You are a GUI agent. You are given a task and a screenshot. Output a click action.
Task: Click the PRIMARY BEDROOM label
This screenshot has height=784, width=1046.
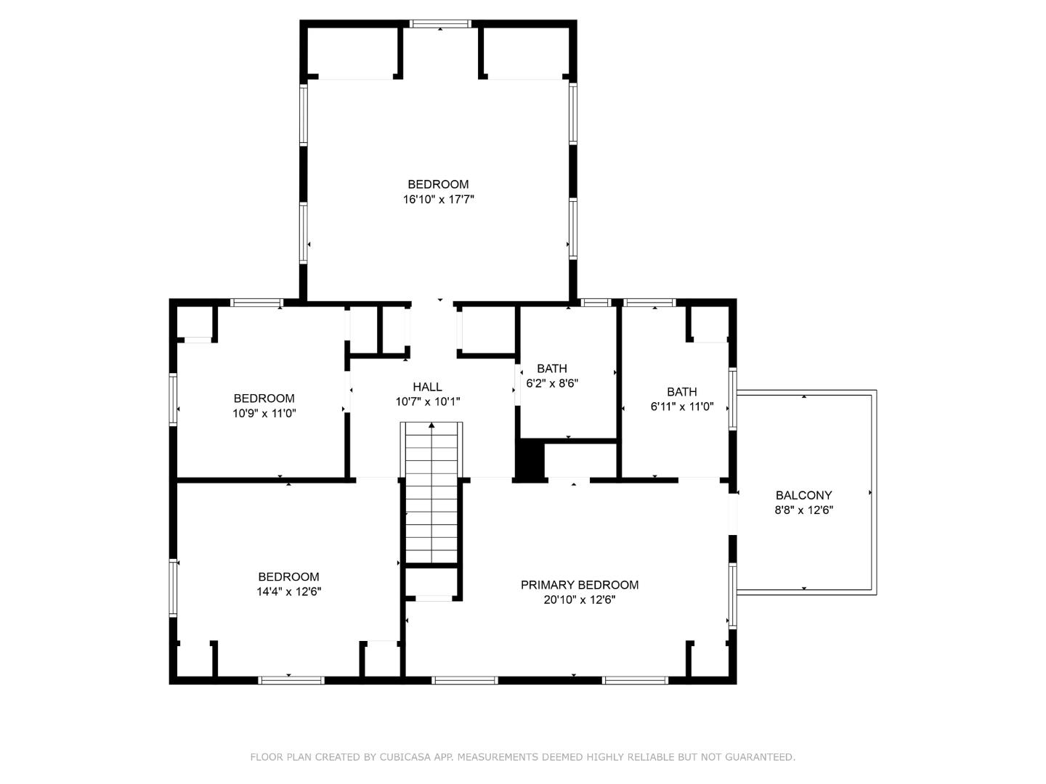579,585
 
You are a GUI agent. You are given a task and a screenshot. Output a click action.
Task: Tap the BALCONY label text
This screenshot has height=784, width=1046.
803,495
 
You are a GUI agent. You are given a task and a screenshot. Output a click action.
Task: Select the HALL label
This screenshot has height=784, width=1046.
427,387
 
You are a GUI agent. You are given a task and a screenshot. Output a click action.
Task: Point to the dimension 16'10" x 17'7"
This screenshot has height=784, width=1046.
438,199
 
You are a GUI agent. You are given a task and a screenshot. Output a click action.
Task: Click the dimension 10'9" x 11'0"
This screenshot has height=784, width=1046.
264,413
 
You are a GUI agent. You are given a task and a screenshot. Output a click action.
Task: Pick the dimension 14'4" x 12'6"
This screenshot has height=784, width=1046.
288,592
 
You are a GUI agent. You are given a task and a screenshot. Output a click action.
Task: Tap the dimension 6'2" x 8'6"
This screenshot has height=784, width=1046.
551,383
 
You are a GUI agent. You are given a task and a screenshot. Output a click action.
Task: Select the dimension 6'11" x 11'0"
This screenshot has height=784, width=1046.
681,407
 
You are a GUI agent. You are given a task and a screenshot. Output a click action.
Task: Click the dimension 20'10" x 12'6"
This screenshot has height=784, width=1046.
579,600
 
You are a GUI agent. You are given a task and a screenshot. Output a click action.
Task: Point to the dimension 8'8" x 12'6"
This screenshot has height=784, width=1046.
803,510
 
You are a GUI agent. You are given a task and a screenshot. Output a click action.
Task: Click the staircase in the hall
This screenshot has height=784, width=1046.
431,501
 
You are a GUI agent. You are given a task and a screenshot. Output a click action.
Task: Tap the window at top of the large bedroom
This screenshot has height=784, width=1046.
440,24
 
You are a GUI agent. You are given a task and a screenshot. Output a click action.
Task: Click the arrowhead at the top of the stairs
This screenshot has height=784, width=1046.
431,425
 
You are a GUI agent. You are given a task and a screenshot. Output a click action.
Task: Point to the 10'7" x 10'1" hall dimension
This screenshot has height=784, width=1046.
427,401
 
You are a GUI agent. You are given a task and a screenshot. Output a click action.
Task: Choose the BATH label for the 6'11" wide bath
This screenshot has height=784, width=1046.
681,392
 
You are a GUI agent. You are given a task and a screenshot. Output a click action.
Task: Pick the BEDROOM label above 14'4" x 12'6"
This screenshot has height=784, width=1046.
288,577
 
